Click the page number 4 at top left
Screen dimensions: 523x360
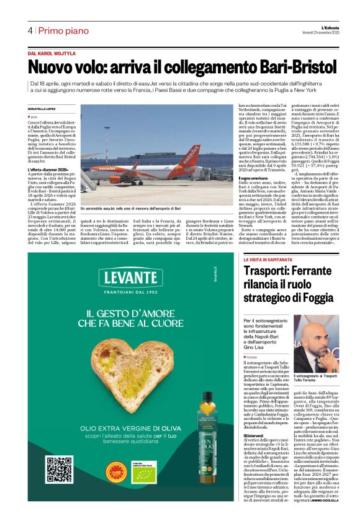(30, 30)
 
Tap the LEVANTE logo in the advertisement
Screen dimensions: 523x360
(125, 278)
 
